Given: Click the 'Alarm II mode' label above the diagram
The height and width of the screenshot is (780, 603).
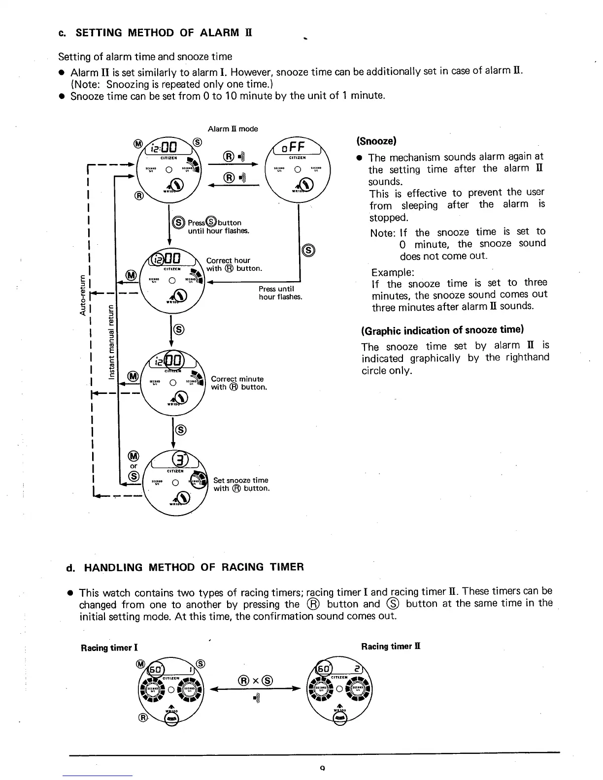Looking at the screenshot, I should (x=233, y=129).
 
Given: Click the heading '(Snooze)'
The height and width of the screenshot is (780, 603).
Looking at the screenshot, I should (x=377, y=141).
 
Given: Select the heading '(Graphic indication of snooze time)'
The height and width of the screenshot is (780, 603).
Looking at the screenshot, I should (x=442, y=330).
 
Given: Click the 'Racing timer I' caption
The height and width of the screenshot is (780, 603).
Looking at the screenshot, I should (x=109, y=648).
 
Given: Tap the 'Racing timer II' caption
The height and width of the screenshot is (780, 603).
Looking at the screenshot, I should (x=391, y=646).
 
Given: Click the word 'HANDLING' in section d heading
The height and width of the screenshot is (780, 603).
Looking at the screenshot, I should (x=114, y=567).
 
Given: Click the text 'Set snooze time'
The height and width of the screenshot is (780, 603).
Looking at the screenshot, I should (x=240, y=480).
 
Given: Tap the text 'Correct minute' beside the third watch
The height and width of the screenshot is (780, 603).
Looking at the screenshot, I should (x=237, y=379).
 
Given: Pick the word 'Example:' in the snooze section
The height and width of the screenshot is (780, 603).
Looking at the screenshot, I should (x=393, y=272).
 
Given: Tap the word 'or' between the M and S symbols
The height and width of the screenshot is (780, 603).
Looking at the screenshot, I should (x=134, y=465).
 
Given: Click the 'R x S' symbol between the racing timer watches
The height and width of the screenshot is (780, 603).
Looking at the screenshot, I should (x=255, y=681).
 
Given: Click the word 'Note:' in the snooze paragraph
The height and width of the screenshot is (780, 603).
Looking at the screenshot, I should (x=383, y=232).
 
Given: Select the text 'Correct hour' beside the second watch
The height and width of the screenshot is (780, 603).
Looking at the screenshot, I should (x=228, y=260).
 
